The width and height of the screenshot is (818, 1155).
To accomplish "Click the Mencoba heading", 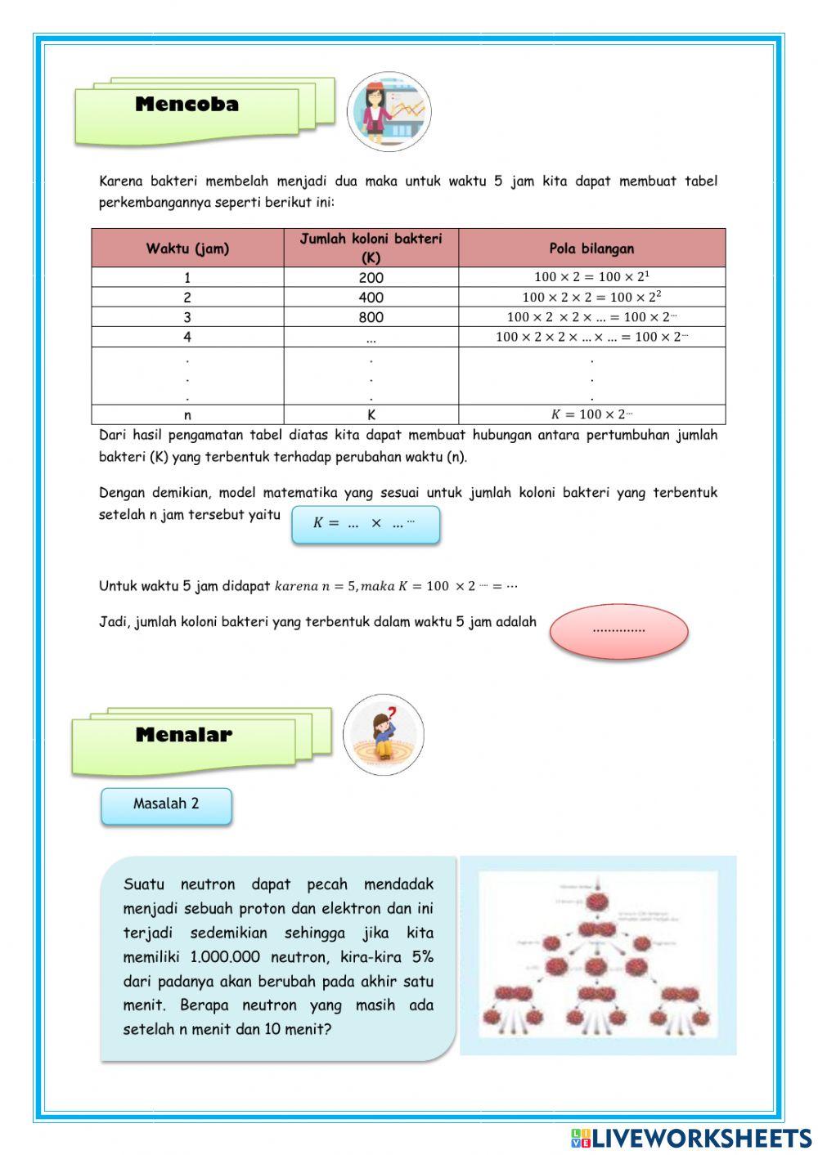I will pyautogui.click(x=187, y=105).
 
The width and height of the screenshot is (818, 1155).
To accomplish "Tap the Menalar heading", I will pyautogui.click(x=184, y=735).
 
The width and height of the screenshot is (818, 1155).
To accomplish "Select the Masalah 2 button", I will pyautogui.click(x=166, y=804).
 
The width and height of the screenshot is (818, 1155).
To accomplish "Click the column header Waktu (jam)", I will pyautogui.click(x=187, y=248).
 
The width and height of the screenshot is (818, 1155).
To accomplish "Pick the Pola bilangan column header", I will pyautogui.click(x=591, y=248).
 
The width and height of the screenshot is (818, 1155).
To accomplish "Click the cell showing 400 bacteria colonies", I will pyautogui.click(x=371, y=298).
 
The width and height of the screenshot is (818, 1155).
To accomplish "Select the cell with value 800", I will pyautogui.click(x=371, y=317).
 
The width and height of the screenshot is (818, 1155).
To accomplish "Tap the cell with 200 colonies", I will pyautogui.click(x=371, y=278).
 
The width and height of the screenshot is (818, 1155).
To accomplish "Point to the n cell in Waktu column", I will pyautogui.click(x=187, y=415).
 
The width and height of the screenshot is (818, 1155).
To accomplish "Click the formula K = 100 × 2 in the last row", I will pyautogui.click(x=591, y=414).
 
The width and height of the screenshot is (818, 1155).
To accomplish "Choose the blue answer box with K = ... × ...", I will pyautogui.click(x=365, y=524).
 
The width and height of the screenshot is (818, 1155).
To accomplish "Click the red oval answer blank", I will pyautogui.click(x=618, y=630).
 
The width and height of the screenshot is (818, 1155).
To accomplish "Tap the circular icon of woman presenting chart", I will pyautogui.click(x=389, y=111).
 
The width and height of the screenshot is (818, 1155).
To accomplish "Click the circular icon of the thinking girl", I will pyautogui.click(x=383, y=735).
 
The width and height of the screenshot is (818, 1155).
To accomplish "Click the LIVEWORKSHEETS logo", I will pyautogui.click(x=691, y=1138).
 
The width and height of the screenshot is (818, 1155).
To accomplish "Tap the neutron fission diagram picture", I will pyautogui.click(x=598, y=955).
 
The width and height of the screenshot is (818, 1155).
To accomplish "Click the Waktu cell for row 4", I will pyautogui.click(x=187, y=337).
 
